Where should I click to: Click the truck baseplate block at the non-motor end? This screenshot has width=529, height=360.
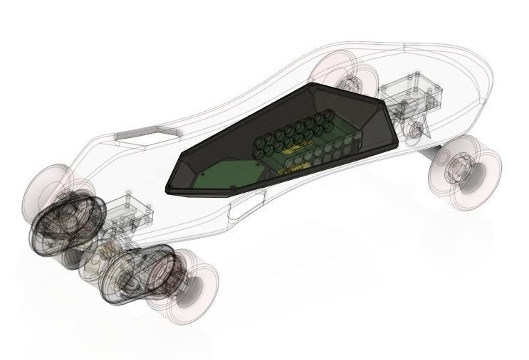pyautogui.click(x=412, y=95)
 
